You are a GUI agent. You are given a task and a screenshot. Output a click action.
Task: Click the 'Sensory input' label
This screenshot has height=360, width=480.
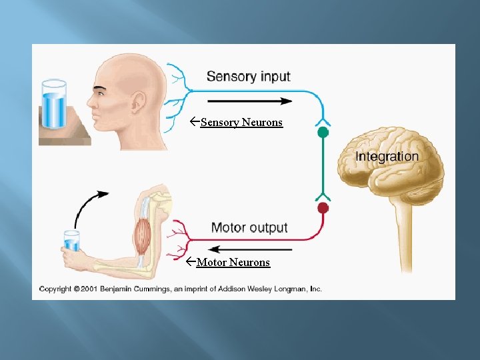click(x=248, y=77)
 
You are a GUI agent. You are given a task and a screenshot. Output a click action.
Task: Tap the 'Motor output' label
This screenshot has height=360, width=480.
click(x=249, y=228)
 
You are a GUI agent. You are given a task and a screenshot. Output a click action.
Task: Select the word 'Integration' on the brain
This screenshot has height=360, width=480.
click(x=387, y=157)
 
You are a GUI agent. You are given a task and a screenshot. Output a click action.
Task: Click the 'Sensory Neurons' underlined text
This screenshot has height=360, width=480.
click(x=241, y=123)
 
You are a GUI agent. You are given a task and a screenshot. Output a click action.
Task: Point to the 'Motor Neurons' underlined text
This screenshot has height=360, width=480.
click(x=233, y=263)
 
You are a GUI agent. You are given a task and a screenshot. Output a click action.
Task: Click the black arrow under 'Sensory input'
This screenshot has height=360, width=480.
click(x=249, y=101)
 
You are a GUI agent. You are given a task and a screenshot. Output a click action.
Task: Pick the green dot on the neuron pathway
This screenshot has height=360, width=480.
click(x=323, y=133)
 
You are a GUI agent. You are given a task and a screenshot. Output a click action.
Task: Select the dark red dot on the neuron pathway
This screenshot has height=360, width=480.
click(x=323, y=208)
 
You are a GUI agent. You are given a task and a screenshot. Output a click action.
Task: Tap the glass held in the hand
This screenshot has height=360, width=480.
click(x=71, y=242)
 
